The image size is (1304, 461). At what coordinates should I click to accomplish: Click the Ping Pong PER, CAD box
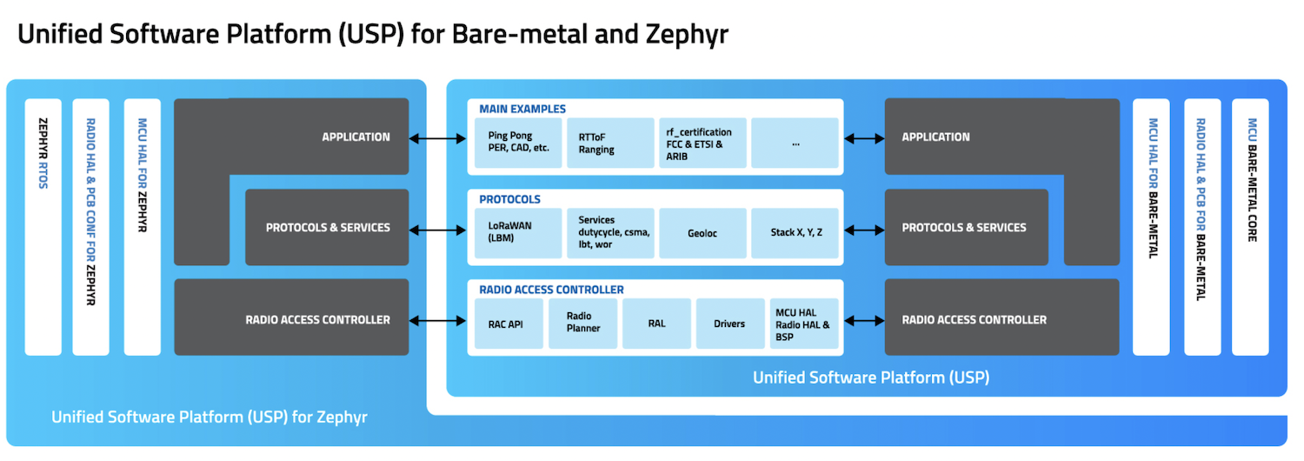pos(519,143)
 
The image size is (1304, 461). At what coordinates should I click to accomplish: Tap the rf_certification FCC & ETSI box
pos(702,143)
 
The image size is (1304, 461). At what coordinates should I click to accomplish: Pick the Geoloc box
pos(702,233)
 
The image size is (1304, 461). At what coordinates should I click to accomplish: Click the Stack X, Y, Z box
pos(795,233)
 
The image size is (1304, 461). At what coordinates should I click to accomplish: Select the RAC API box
pos(508,324)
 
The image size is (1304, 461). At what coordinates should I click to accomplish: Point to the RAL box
pos(656,324)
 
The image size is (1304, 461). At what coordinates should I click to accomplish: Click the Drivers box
pos(730,324)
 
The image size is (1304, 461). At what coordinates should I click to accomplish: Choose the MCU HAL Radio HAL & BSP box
pos(804,324)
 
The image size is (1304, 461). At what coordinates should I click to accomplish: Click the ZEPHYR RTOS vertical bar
pos(43,226)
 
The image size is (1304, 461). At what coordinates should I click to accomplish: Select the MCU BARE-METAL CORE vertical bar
pos(1251,226)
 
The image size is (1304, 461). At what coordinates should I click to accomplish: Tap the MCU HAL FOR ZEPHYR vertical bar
pos(143,226)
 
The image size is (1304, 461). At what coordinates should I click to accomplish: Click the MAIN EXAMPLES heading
pos(522,110)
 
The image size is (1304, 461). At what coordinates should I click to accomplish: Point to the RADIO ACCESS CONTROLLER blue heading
pos(551,290)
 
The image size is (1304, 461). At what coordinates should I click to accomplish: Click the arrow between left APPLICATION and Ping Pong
pos(438,137)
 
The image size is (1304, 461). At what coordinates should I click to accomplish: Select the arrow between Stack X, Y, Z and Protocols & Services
pos(862,230)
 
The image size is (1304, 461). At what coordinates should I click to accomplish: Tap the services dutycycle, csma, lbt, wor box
pos(609,233)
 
